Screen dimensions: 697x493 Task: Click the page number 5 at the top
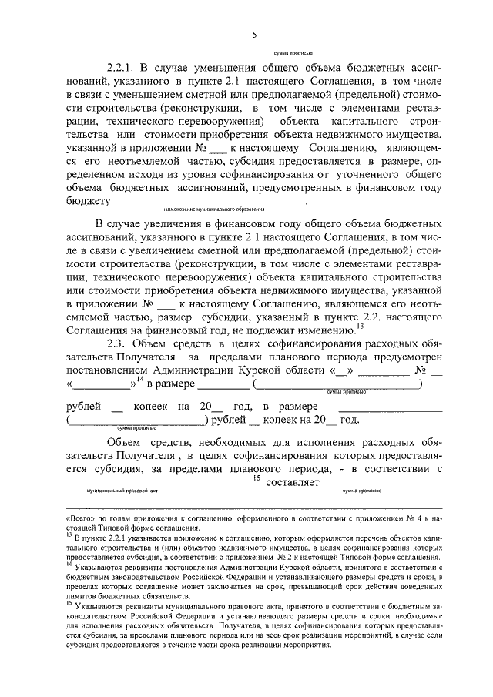coord(253,34)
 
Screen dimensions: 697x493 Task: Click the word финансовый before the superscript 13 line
coord(179,350)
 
